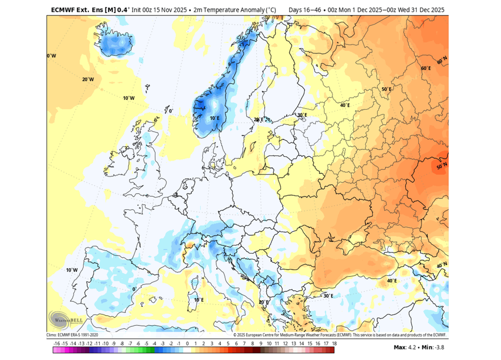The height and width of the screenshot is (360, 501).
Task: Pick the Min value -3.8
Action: pos(436,347)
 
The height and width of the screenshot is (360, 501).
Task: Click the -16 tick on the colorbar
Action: pos(57,343)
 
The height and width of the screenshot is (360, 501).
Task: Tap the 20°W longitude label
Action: pos(88,79)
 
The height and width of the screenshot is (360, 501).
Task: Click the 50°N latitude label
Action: pos(441,167)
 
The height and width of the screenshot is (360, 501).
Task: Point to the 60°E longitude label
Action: pos(426,69)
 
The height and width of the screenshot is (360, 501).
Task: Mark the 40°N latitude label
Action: pos(441,265)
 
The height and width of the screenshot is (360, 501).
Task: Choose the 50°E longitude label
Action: pos(387,89)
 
